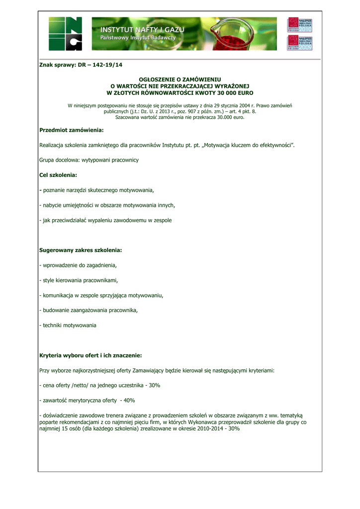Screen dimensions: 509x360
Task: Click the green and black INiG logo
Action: pyautogui.click(x=65, y=33)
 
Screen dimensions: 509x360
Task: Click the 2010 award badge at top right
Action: pyautogui.click(x=299, y=25)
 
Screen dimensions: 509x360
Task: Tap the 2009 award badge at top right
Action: pyautogui.click(x=299, y=42)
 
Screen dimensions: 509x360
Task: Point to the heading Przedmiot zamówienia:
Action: pyautogui.click(x=71, y=130)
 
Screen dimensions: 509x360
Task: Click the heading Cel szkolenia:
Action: pyautogui.click(x=58, y=175)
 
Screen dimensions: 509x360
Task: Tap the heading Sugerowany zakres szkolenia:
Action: pyautogui.click(x=81, y=250)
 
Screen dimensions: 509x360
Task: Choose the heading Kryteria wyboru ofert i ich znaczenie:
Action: pyautogui.click(x=90, y=355)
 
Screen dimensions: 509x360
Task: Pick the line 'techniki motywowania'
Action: pyautogui.click(x=70, y=325)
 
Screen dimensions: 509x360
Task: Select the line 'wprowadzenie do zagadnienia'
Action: pyautogui.click(x=80, y=265)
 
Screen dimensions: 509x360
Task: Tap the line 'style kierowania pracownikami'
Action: pyautogui.click(x=80, y=280)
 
